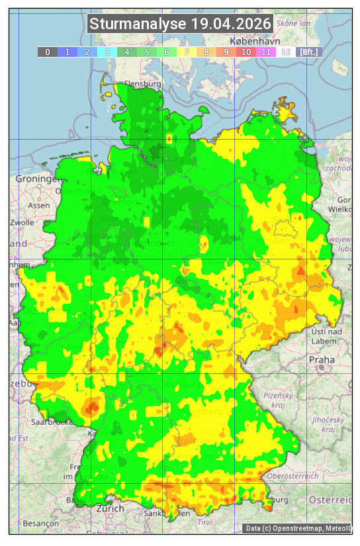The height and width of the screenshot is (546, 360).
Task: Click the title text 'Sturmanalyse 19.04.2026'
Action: pos(180,24)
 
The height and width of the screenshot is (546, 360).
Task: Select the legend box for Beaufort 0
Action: pos(48,52)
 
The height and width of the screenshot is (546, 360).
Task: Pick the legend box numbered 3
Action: pos(107,52)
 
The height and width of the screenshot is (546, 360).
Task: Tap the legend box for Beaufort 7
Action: pos(187,52)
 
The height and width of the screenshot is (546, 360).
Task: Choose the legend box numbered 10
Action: pos(246,52)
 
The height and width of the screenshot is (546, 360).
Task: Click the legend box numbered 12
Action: pos(286,52)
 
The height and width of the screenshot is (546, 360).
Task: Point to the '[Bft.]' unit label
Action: pos(308,52)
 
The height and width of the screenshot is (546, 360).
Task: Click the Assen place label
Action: pos(39,205)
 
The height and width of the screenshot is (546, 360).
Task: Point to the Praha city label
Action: pos(321,359)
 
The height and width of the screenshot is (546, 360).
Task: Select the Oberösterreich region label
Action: pos(292,476)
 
